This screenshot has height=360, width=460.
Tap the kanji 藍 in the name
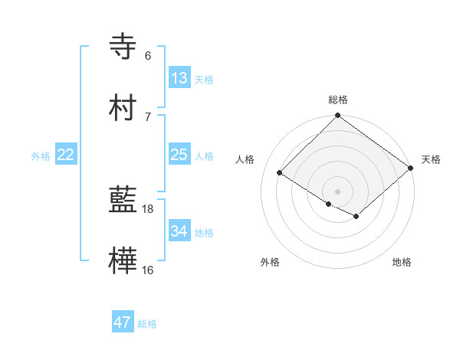[123, 201]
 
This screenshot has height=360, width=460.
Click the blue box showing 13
[179, 77]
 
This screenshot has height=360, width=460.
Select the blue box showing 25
[179, 155]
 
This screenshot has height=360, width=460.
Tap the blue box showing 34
[179, 231]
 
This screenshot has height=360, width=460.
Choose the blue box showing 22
[66, 155]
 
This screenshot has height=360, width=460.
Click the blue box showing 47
[123, 322]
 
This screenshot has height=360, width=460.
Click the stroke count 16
[148, 270]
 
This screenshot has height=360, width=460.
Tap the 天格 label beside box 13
[204, 79]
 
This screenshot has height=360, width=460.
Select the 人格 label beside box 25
[204, 156]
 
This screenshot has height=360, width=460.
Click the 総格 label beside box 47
[147, 324]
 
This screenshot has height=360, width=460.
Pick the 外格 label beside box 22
[41, 156]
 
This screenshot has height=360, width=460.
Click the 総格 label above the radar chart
[337, 100]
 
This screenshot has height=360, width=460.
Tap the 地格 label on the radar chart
[402, 263]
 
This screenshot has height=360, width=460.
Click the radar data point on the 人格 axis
[281, 173]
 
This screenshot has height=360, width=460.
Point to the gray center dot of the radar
[337, 191]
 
